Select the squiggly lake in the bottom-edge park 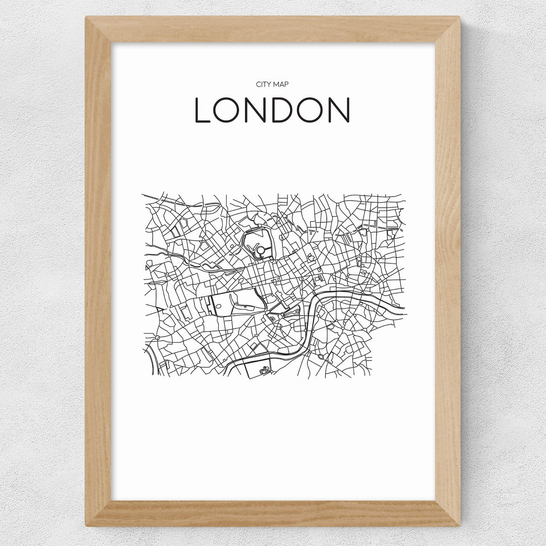265,371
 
